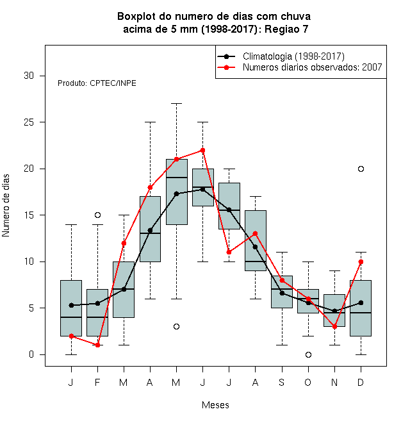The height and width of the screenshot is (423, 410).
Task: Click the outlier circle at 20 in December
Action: point(361,169)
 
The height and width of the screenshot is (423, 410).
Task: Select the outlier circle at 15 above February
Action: point(97,215)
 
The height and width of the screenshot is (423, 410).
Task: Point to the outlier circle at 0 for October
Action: point(308,354)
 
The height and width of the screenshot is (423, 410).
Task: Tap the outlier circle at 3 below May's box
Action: point(176,326)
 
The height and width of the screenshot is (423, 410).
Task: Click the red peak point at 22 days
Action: point(203,150)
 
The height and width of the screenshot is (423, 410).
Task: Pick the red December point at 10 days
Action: point(361,261)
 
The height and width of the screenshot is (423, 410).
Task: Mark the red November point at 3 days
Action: point(335,326)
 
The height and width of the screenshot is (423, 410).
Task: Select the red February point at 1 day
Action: point(97,345)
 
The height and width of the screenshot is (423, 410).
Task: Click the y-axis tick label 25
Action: point(29,122)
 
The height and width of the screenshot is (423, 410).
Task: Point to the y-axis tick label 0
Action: point(31,354)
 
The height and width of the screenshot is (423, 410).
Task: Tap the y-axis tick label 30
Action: point(29,76)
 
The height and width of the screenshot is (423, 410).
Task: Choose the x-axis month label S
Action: point(282,382)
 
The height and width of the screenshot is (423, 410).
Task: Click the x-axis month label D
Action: point(361,382)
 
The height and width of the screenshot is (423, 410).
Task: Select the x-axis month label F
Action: point(97,382)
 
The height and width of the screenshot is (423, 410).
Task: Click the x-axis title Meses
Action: point(215,405)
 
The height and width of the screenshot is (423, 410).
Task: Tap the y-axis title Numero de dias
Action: point(6,206)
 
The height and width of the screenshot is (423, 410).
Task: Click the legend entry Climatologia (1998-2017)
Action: point(293,56)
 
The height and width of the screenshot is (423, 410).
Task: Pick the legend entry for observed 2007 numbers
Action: point(313,67)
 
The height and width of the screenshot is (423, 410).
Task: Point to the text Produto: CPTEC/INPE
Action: point(97,83)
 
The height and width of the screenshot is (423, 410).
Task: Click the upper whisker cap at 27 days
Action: point(176,104)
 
